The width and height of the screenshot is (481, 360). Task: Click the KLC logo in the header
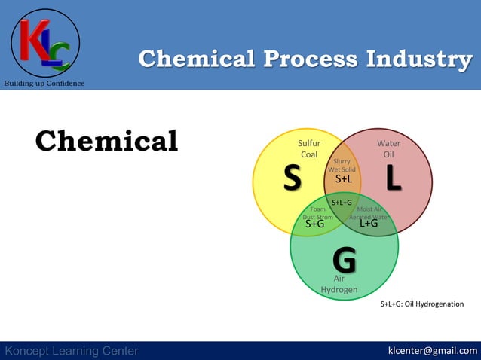(x=45, y=44)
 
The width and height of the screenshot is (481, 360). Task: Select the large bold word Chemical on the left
(x=106, y=141)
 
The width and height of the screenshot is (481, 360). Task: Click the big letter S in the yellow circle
(x=292, y=178)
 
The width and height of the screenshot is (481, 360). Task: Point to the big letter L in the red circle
(x=394, y=178)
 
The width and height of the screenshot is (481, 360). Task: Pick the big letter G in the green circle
(x=344, y=261)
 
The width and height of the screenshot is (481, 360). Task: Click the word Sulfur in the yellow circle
(x=309, y=142)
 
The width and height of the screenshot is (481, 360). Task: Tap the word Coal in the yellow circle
(x=309, y=154)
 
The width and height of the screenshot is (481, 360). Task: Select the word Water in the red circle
(x=388, y=142)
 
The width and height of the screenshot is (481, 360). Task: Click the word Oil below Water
(x=388, y=154)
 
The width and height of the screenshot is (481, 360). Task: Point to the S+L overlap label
(x=344, y=179)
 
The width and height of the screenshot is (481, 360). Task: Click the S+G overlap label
(x=314, y=224)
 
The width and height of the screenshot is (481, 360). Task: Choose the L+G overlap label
(x=369, y=223)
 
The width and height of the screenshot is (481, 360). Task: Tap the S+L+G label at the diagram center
(x=342, y=203)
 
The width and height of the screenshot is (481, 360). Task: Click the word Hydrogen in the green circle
(x=339, y=290)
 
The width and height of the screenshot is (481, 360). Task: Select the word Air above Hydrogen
(x=339, y=279)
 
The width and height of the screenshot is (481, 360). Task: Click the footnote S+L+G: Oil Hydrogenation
(x=421, y=304)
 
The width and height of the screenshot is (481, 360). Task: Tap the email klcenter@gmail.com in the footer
(x=432, y=350)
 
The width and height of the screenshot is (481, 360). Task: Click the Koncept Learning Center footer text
(x=72, y=351)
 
